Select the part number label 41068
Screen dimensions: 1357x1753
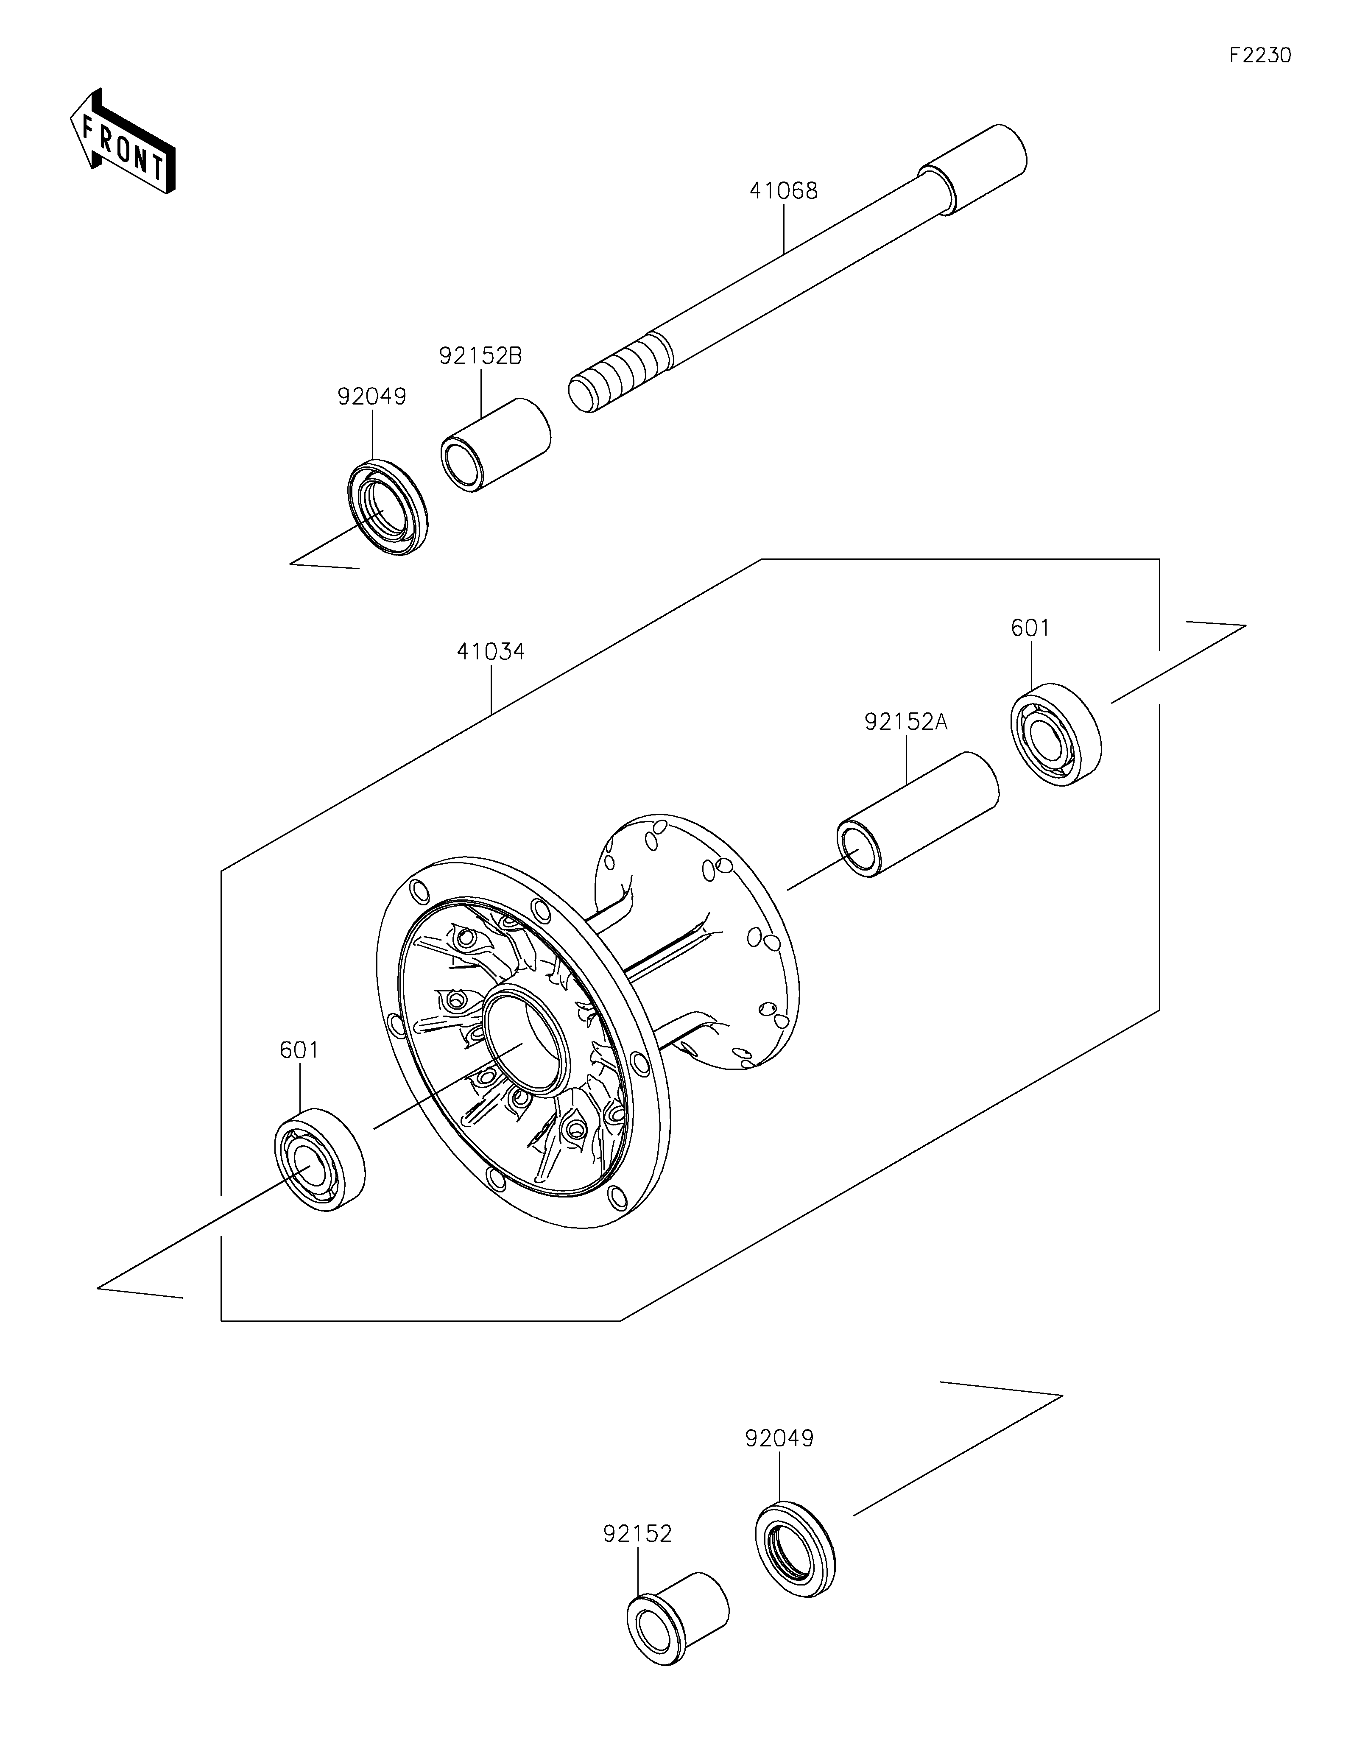click(x=783, y=191)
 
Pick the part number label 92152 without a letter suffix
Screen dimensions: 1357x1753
click(x=638, y=1534)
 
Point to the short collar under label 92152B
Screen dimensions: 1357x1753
click(x=495, y=444)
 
